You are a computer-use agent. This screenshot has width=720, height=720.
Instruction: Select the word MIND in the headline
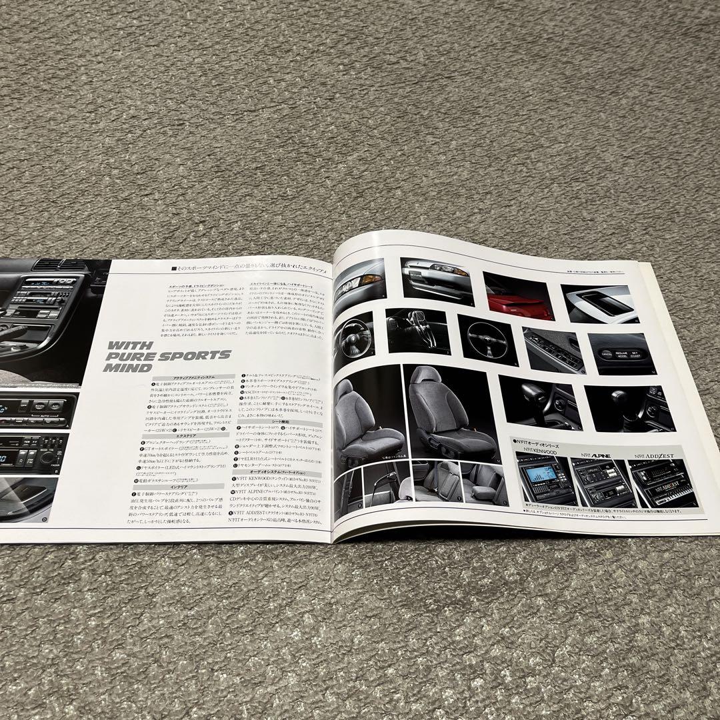(129, 367)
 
